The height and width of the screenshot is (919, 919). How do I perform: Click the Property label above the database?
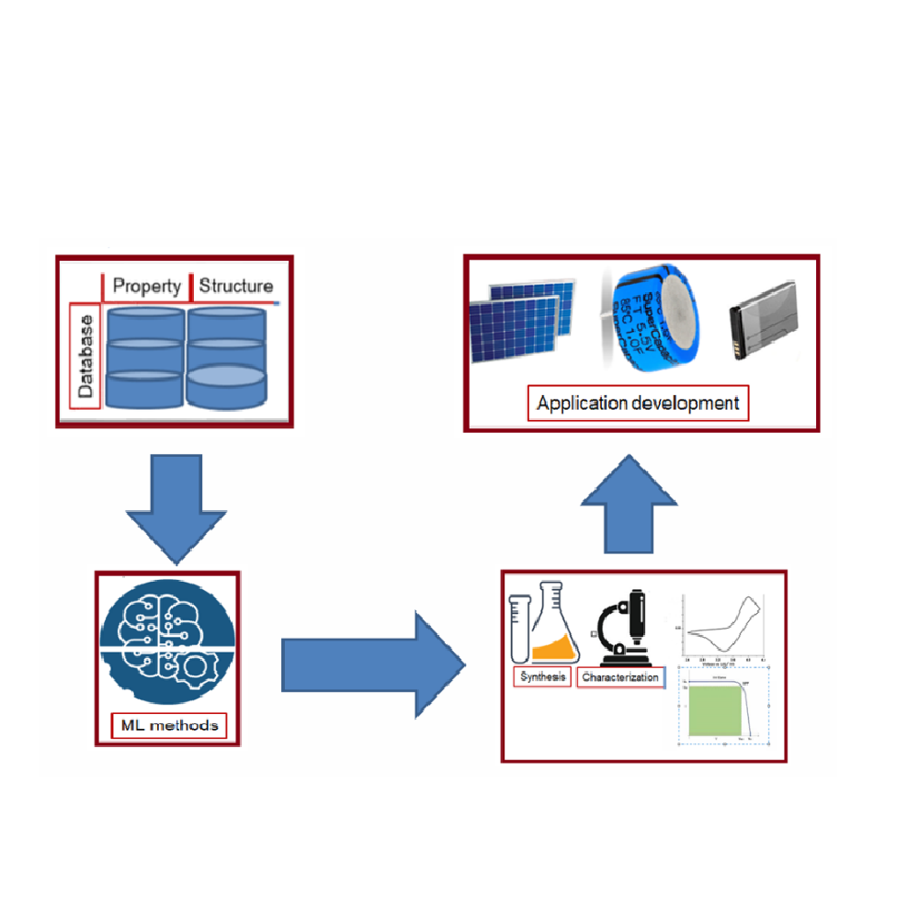point(147,286)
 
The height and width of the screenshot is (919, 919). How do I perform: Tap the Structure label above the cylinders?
point(235,286)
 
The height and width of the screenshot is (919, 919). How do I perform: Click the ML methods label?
point(170,725)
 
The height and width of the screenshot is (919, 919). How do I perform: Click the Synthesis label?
point(542,677)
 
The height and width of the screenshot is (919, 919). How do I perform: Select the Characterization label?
point(620,678)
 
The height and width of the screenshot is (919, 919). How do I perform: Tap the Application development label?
point(638,403)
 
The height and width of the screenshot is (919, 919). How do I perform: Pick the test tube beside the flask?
point(521,625)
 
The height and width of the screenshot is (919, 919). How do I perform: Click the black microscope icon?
point(624,630)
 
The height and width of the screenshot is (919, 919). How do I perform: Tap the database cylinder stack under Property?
point(145,357)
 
